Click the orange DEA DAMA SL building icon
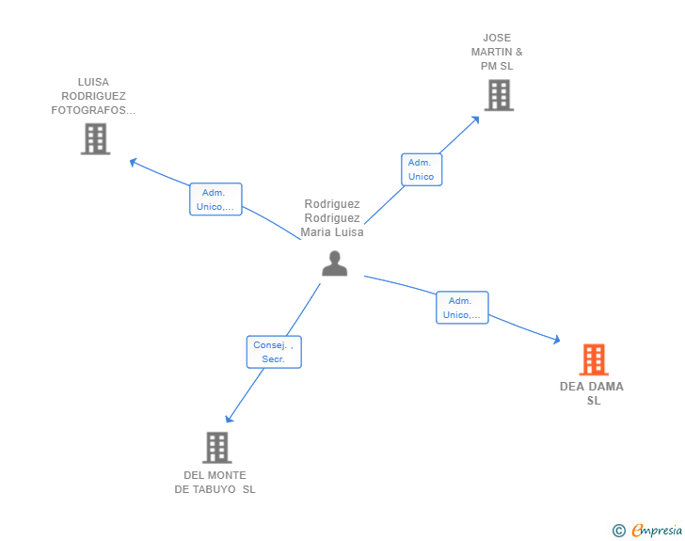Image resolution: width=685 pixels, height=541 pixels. click(x=593, y=359)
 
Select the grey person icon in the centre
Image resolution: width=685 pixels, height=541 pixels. click(x=334, y=264)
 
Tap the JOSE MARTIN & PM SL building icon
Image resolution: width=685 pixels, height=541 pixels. click(x=499, y=95)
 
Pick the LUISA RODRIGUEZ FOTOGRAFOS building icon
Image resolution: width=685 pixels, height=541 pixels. click(x=95, y=139)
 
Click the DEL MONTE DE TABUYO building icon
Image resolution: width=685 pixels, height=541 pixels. click(x=216, y=448)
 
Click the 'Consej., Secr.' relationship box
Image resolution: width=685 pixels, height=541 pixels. click(x=274, y=352)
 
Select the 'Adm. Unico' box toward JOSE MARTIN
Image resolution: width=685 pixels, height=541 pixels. click(x=421, y=169)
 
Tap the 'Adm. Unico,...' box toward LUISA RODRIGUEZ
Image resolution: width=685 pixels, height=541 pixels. click(x=215, y=199)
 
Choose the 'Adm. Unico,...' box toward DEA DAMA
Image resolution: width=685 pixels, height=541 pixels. click(x=462, y=308)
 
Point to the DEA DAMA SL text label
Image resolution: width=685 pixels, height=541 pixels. click(x=592, y=393)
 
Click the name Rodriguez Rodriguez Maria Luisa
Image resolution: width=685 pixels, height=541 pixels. click(x=332, y=218)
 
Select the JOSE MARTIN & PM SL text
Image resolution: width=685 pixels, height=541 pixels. click(x=497, y=52)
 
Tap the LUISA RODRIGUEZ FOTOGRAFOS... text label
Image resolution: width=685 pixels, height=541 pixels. click(x=93, y=96)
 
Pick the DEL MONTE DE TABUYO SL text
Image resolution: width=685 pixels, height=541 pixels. click(x=215, y=482)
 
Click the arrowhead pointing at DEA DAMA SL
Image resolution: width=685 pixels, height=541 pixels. click(x=556, y=340)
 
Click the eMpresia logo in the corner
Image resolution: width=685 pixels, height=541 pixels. click(x=657, y=531)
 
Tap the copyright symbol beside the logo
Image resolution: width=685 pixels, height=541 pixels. click(x=619, y=531)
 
